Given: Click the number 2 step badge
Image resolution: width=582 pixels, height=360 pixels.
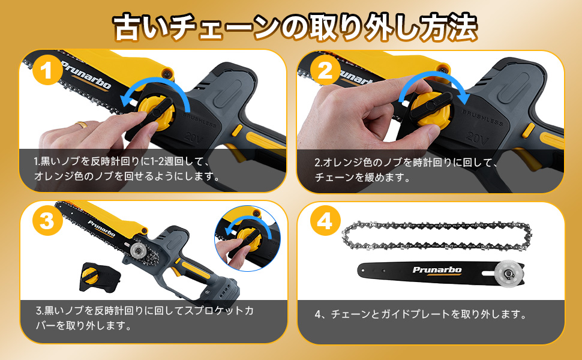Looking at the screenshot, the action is point(325,70).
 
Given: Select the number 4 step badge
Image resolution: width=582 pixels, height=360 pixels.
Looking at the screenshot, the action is point(325,221).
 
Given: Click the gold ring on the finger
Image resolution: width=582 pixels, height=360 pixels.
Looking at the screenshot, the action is point(81,125).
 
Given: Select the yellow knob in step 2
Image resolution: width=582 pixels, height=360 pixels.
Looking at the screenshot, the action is point(431,109).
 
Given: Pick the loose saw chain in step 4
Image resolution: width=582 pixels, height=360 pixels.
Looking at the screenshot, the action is point(437,236).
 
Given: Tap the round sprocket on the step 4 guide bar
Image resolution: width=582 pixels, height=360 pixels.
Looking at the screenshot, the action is point(506,273).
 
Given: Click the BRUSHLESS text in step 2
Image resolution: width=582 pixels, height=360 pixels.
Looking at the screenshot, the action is point(482,117).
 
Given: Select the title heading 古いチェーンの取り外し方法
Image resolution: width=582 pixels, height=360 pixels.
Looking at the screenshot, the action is point(295,27).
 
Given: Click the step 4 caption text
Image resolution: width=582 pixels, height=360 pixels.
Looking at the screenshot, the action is point(421,314).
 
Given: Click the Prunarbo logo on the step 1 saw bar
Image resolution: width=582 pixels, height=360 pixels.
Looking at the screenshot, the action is point(86,75).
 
